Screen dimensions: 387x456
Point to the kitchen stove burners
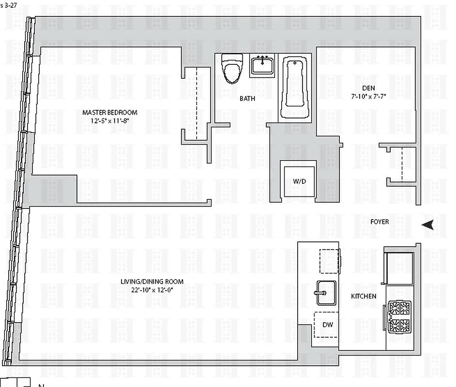[x=399, y=316]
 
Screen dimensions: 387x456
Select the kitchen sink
[x=326, y=293]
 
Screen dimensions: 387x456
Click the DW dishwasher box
[x=327, y=324]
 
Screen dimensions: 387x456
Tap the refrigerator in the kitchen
[x=398, y=268]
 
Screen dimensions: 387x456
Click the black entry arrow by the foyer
[x=427, y=224]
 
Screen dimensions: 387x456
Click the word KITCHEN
[x=364, y=296]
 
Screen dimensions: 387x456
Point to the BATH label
[x=247, y=98]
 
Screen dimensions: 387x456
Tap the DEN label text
[x=368, y=88]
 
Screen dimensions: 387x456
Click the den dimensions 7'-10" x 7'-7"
[x=368, y=96]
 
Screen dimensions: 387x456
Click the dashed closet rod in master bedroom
[x=197, y=104]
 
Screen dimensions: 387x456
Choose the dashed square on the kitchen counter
[x=329, y=261]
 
